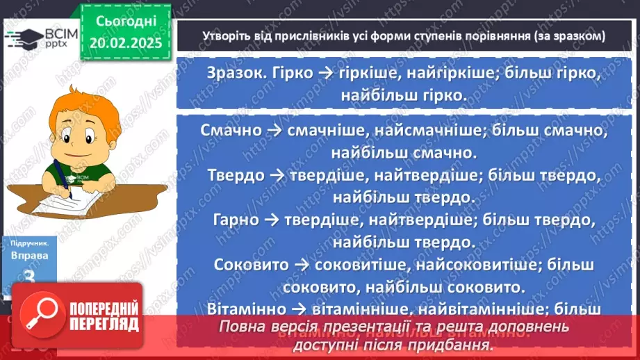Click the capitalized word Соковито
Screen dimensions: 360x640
point(252,265)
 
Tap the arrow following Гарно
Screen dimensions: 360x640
point(272,221)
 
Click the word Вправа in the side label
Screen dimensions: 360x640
point(30,255)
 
